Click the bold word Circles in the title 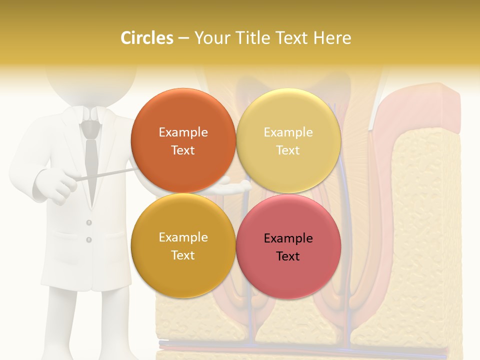click(146, 38)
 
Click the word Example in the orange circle click(183, 132)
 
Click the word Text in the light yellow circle click(288, 150)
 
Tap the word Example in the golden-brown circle click(183, 237)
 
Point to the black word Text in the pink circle click(288, 256)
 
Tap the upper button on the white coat click(89, 222)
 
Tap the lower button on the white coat click(89, 240)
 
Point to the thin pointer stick click(107, 174)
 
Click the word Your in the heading click(212, 38)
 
